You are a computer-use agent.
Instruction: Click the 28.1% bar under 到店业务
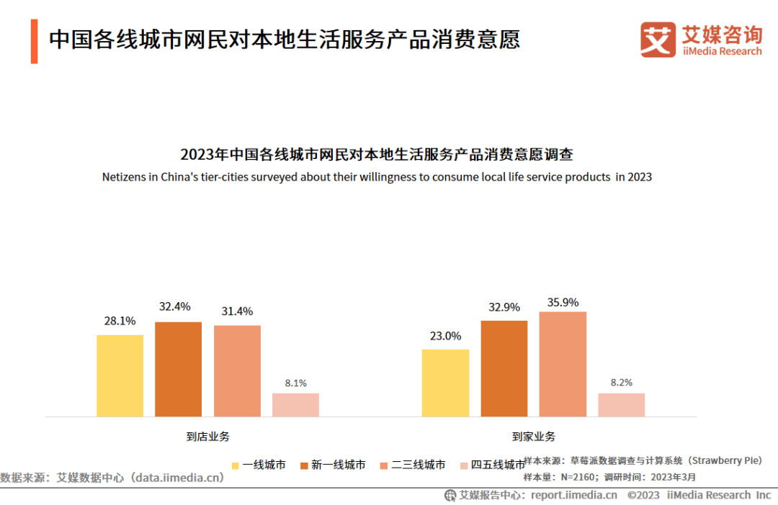(x=120, y=376)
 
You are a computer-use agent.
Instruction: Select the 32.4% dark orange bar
(x=178, y=369)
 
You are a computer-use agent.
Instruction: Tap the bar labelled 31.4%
(x=237, y=370)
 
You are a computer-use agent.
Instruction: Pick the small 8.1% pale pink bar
(x=295, y=405)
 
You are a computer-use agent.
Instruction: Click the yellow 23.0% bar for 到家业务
(x=445, y=383)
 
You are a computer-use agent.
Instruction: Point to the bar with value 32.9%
(x=504, y=368)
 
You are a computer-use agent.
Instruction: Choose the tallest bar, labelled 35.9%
(x=563, y=364)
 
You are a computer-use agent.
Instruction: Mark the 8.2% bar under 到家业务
(x=621, y=405)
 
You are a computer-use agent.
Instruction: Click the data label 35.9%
(x=563, y=303)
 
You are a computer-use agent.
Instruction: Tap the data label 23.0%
(x=445, y=336)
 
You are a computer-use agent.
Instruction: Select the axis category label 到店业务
(x=207, y=436)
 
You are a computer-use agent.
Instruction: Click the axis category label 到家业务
(x=534, y=436)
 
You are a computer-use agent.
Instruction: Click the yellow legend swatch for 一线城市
(x=235, y=465)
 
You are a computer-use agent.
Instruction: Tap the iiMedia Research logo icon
(x=658, y=40)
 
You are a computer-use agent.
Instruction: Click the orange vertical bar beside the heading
(x=34, y=41)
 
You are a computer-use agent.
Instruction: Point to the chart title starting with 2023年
(x=377, y=155)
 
